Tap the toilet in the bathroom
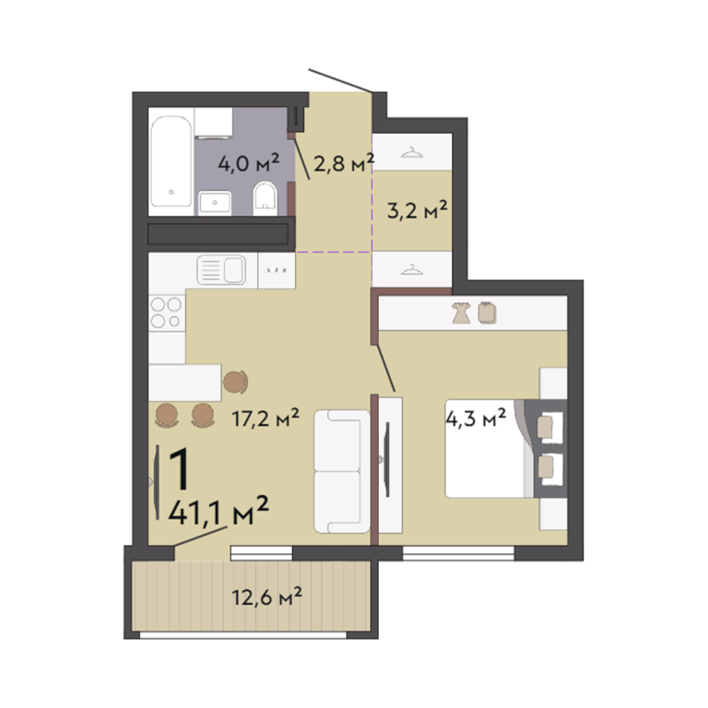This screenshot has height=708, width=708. (x=265, y=198)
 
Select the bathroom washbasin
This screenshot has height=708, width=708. (x=215, y=202)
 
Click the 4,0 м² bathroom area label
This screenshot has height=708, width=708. (x=249, y=163)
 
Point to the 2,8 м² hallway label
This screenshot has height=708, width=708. (x=344, y=163)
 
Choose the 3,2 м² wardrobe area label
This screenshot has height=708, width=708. (x=418, y=209)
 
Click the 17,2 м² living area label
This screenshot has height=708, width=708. (x=265, y=418)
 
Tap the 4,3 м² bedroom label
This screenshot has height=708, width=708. (x=476, y=418)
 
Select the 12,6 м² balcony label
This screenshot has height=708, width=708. (x=266, y=596)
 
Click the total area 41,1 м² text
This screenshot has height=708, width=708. (x=218, y=511)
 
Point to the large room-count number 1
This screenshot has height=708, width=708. (x=179, y=468)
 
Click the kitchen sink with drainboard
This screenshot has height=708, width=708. (x=221, y=270)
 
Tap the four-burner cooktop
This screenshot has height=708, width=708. (x=166, y=313)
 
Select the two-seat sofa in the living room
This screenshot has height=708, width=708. (x=342, y=471)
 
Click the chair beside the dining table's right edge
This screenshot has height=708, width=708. (x=236, y=382)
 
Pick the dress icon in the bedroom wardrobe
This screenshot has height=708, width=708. (x=462, y=313)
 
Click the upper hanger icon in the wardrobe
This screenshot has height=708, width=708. (x=412, y=153)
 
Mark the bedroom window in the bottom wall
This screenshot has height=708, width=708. (x=458, y=553)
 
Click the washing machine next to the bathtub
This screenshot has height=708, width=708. (x=214, y=122)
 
